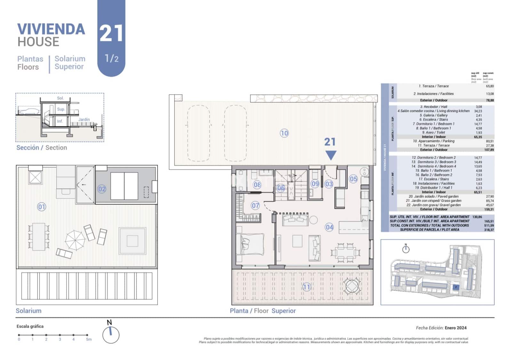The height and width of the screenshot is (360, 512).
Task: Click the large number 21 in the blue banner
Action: (x=111, y=33)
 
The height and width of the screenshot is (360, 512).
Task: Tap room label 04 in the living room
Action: (x=329, y=227)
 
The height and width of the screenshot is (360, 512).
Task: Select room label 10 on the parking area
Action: (x=284, y=133)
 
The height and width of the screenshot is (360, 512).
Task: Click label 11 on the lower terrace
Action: (x=306, y=287)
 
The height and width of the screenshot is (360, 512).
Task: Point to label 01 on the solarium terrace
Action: (x=42, y=207)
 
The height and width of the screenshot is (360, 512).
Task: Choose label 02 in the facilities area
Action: (x=102, y=189)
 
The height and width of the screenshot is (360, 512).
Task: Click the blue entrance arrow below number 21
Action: (x=331, y=155)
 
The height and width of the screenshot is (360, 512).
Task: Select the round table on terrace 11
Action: (x=352, y=286)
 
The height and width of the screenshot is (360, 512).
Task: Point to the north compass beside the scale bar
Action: (x=111, y=335)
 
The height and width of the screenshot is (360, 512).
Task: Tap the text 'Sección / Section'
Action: (x=42, y=148)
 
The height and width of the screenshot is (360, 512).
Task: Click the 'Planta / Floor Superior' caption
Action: (x=263, y=311)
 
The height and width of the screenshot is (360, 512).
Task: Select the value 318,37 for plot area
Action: (x=489, y=230)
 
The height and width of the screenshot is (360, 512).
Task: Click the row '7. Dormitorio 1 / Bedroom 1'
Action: (x=433, y=124)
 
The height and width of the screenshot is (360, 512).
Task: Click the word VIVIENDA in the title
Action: (x=51, y=29)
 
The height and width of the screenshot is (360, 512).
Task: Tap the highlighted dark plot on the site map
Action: (x=456, y=287)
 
